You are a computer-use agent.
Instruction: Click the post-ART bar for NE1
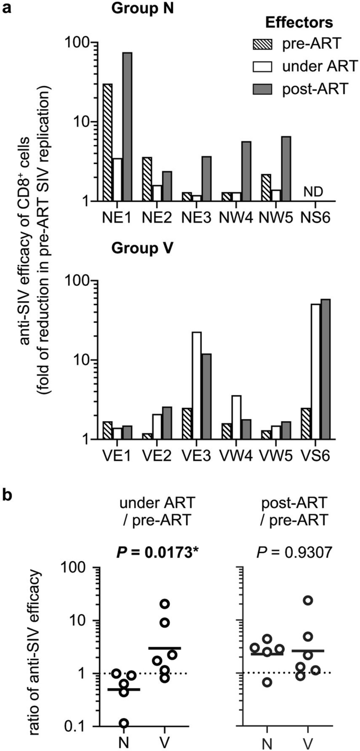point(127,126)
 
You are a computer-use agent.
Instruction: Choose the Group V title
point(142,248)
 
